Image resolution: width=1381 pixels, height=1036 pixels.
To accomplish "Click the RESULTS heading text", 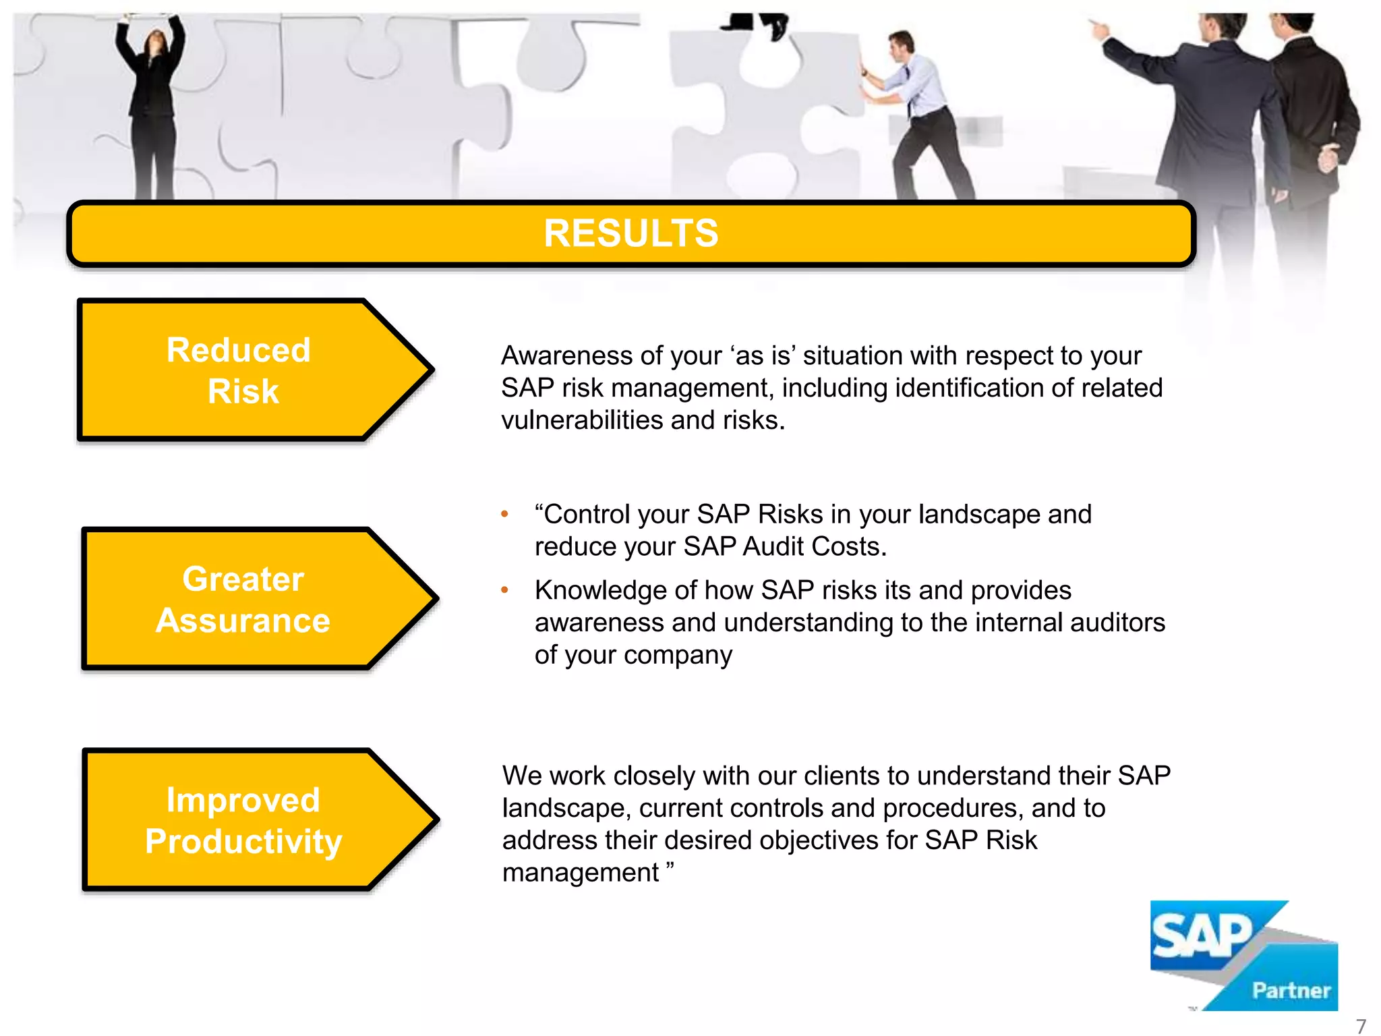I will [x=630, y=233].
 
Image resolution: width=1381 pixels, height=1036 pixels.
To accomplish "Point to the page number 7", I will [x=1361, y=1026].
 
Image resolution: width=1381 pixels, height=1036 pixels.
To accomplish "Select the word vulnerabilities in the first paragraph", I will [x=581, y=420].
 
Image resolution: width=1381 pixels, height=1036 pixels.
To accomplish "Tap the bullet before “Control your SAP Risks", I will [x=504, y=515].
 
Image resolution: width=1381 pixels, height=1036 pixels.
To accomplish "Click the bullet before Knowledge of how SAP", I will [x=504, y=591].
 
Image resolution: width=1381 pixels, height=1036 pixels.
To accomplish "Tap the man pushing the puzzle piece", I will [x=917, y=115].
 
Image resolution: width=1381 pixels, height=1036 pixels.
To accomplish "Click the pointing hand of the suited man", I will [x=1099, y=28].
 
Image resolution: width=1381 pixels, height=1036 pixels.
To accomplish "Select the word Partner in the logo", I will [x=1291, y=990].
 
